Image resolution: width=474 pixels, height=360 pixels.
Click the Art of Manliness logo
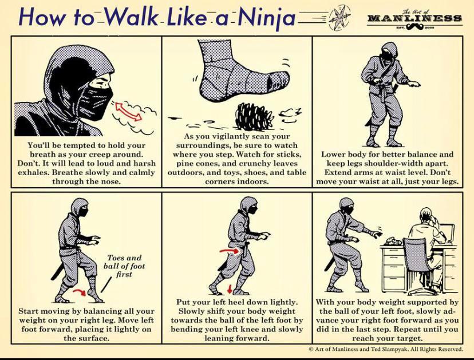415,18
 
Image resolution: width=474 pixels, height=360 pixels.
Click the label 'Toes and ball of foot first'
124,266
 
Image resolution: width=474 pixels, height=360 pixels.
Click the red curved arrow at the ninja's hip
227,250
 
